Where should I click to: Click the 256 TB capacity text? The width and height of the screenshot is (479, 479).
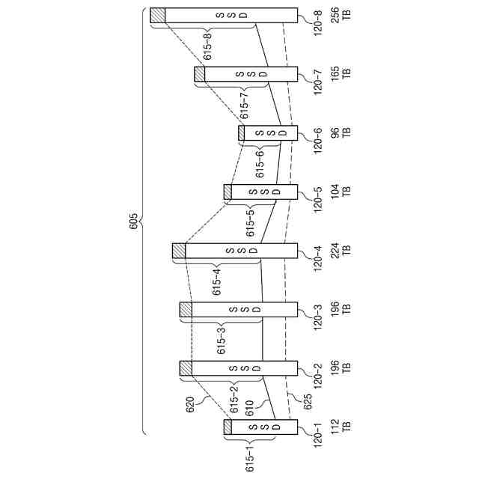pyautogui.click(x=340, y=15)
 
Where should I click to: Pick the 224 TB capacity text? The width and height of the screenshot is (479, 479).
pyautogui.click(x=340, y=251)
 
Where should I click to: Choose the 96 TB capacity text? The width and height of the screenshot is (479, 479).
pyautogui.click(x=340, y=132)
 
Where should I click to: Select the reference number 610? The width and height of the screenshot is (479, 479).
pyautogui.click(x=249, y=407)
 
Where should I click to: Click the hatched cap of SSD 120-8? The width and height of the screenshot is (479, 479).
pyautogui.click(x=157, y=15)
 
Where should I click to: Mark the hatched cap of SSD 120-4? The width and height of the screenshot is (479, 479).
pyautogui.click(x=179, y=251)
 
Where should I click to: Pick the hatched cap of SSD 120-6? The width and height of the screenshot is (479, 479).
pyautogui.click(x=241, y=132)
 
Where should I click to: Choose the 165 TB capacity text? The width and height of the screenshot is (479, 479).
pyautogui.click(x=340, y=74)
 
